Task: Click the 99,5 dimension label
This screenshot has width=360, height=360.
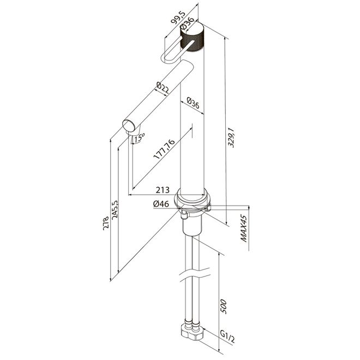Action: pyautogui.click(x=178, y=17)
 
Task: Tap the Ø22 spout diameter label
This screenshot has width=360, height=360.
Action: pyautogui.click(x=163, y=88)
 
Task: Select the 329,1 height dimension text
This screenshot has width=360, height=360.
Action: pyautogui.click(x=231, y=137)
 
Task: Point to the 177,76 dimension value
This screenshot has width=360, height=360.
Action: pyautogui.click(x=164, y=149)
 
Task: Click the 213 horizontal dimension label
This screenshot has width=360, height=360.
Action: pyautogui.click(x=163, y=190)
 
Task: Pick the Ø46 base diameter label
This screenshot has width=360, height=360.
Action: pyautogui.click(x=161, y=204)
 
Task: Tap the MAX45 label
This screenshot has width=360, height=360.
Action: pyautogui.click(x=244, y=229)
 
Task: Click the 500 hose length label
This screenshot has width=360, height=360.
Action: pyautogui.click(x=223, y=307)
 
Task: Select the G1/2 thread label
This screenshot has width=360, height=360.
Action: pyautogui.click(x=227, y=338)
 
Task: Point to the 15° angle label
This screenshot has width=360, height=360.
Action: pyautogui.click(x=139, y=138)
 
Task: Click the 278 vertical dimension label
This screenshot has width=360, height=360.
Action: pyautogui.click(x=106, y=223)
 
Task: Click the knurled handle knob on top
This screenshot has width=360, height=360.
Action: pyautogui.click(x=193, y=38)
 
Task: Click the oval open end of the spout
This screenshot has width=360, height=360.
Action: pyautogui.click(x=129, y=126)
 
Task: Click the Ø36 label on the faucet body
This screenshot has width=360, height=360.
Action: pyautogui.click(x=193, y=103)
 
